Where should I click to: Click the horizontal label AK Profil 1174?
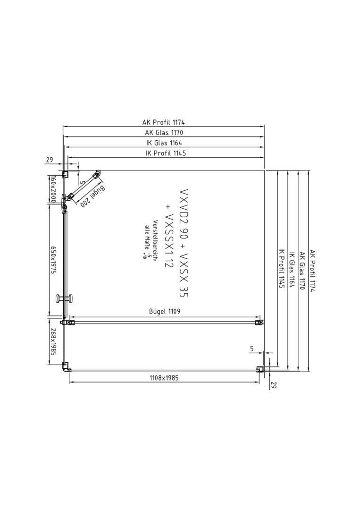[163, 122]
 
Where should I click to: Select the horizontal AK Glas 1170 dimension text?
[164, 132]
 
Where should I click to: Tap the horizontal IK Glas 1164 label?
[164, 143]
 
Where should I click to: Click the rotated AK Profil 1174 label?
[312, 271]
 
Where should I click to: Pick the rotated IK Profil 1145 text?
[282, 268]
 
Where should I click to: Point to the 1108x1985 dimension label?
[164, 378]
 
